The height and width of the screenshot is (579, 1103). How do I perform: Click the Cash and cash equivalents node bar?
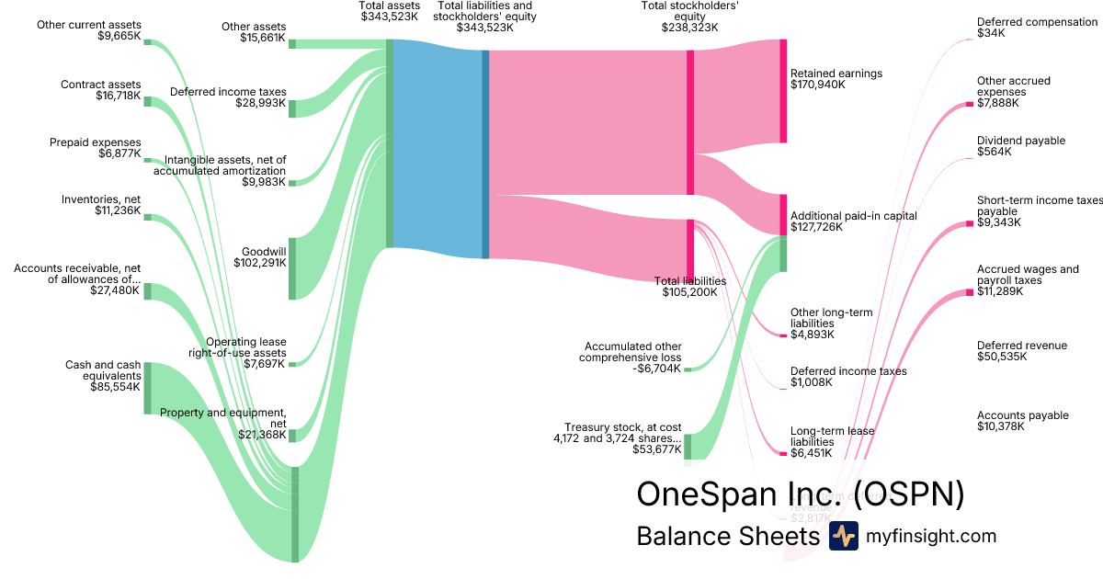tap(147, 388)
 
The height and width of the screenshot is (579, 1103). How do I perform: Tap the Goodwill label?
tap(264, 251)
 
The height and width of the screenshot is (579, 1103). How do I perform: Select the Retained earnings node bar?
tap(783, 91)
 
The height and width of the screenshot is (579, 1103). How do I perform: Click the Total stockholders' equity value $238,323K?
tap(689, 28)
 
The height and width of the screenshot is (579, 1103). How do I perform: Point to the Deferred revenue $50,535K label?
tap(1022, 351)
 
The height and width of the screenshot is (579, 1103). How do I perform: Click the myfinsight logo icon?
tap(843, 536)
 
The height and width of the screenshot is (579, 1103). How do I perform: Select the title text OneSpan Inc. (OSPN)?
tap(801, 494)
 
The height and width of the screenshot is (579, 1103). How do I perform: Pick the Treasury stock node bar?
tap(687, 447)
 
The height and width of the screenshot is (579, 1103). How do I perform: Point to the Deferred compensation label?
tap(1038, 22)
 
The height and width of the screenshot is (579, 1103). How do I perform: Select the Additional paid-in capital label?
tap(854, 216)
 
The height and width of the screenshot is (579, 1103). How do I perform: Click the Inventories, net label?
tap(101, 199)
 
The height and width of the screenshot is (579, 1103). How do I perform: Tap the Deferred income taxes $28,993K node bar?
tap(292, 108)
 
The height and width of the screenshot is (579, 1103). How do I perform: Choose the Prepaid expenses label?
tap(96, 142)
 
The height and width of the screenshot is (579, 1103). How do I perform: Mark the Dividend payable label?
tap(1021, 141)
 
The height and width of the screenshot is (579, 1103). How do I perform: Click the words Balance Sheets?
tap(728, 537)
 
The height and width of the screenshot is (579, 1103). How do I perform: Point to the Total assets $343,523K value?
tap(390, 17)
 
